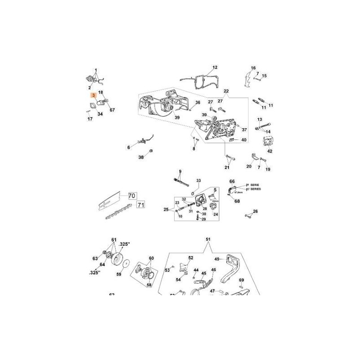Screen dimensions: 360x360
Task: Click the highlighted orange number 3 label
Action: [x=93, y=95]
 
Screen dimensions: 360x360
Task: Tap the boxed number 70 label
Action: [x=132, y=196]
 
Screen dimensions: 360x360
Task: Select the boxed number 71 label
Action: [x=140, y=205]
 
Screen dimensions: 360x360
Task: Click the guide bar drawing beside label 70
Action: [x=110, y=201]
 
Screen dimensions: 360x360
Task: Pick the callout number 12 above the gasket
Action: [x=215, y=67]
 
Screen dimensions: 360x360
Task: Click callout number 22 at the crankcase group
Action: [x=226, y=91]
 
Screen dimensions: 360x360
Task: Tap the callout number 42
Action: [x=270, y=151]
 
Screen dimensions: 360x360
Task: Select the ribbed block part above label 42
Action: [x=267, y=142]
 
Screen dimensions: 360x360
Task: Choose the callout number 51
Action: [x=208, y=239]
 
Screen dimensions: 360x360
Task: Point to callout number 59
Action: [x=119, y=274]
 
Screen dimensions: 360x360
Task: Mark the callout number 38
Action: [x=141, y=157]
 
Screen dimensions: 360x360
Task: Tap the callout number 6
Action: [x=128, y=147]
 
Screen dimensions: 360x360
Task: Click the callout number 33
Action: [x=198, y=181]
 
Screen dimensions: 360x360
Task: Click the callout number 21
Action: [x=227, y=167]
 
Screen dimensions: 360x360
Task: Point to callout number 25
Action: [x=166, y=210]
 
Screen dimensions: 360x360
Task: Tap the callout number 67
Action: [x=112, y=110]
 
